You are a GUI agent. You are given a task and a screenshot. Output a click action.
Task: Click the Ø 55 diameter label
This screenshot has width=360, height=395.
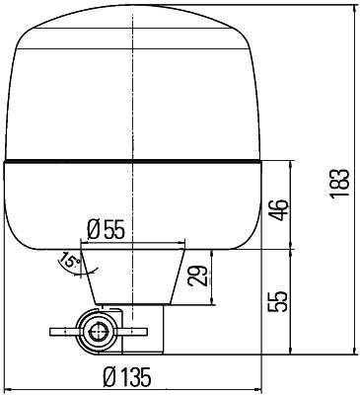click(x=106, y=229)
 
